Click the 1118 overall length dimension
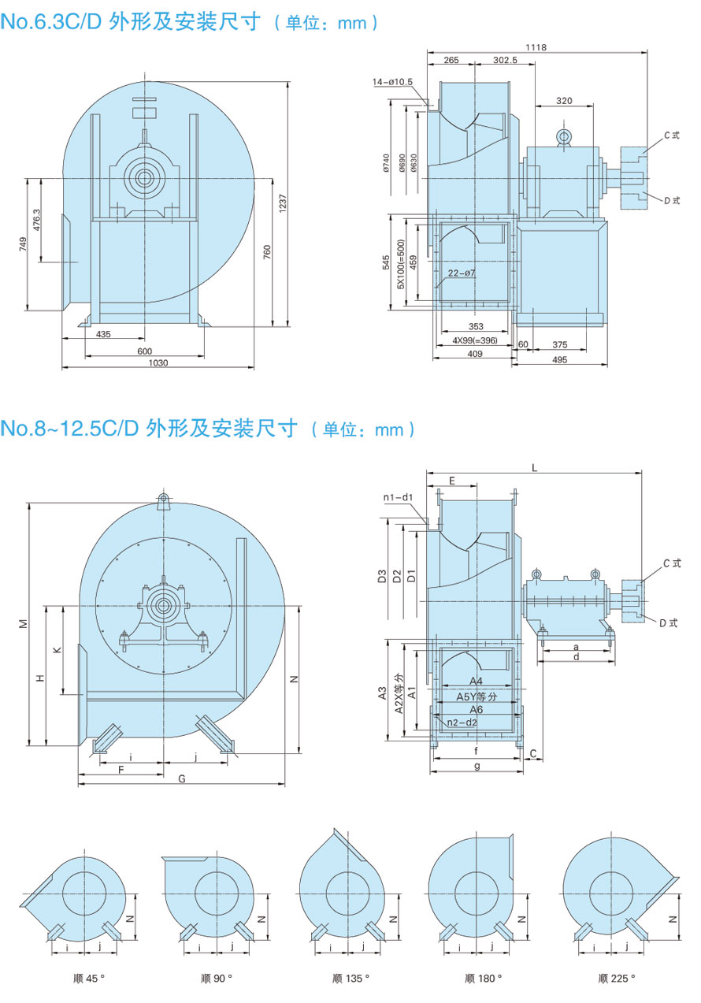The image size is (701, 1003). click(x=536, y=47)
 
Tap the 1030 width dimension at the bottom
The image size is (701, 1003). click(x=159, y=362)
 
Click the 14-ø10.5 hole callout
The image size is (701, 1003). click(x=394, y=81)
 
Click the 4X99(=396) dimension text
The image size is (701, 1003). click(x=475, y=340)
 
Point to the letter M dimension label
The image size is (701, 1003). click(x=23, y=623)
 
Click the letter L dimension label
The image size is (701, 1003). click(x=535, y=467)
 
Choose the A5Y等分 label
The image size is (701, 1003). click(x=477, y=697)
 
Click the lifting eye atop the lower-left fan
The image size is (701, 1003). click(x=165, y=500)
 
